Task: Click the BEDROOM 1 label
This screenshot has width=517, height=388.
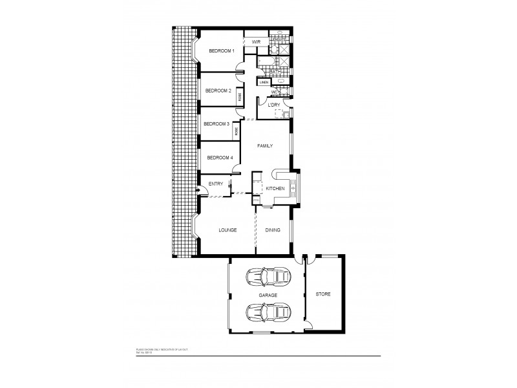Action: click(222, 51)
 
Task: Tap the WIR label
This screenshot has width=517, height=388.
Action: click(256, 43)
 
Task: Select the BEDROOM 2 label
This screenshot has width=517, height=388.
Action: click(218, 91)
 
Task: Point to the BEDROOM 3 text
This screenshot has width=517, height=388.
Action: click(216, 124)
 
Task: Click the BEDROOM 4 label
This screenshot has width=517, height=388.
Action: click(220, 157)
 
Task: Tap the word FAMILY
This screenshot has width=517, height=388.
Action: click(265, 146)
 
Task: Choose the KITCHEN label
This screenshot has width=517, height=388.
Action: click(275, 188)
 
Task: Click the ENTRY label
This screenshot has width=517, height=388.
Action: click(216, 184)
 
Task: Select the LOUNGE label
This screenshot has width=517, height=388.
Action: click(227, 230)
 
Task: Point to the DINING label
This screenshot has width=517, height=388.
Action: click(273, 230)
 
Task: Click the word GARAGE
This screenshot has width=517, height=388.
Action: click(268, 295)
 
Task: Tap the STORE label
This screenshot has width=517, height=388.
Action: click(323, 294)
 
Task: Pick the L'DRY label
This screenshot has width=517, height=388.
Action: click(268, 105)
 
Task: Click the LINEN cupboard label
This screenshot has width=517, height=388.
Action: click(264, 83)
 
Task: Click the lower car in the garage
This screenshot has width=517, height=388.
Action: click(268, 313)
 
